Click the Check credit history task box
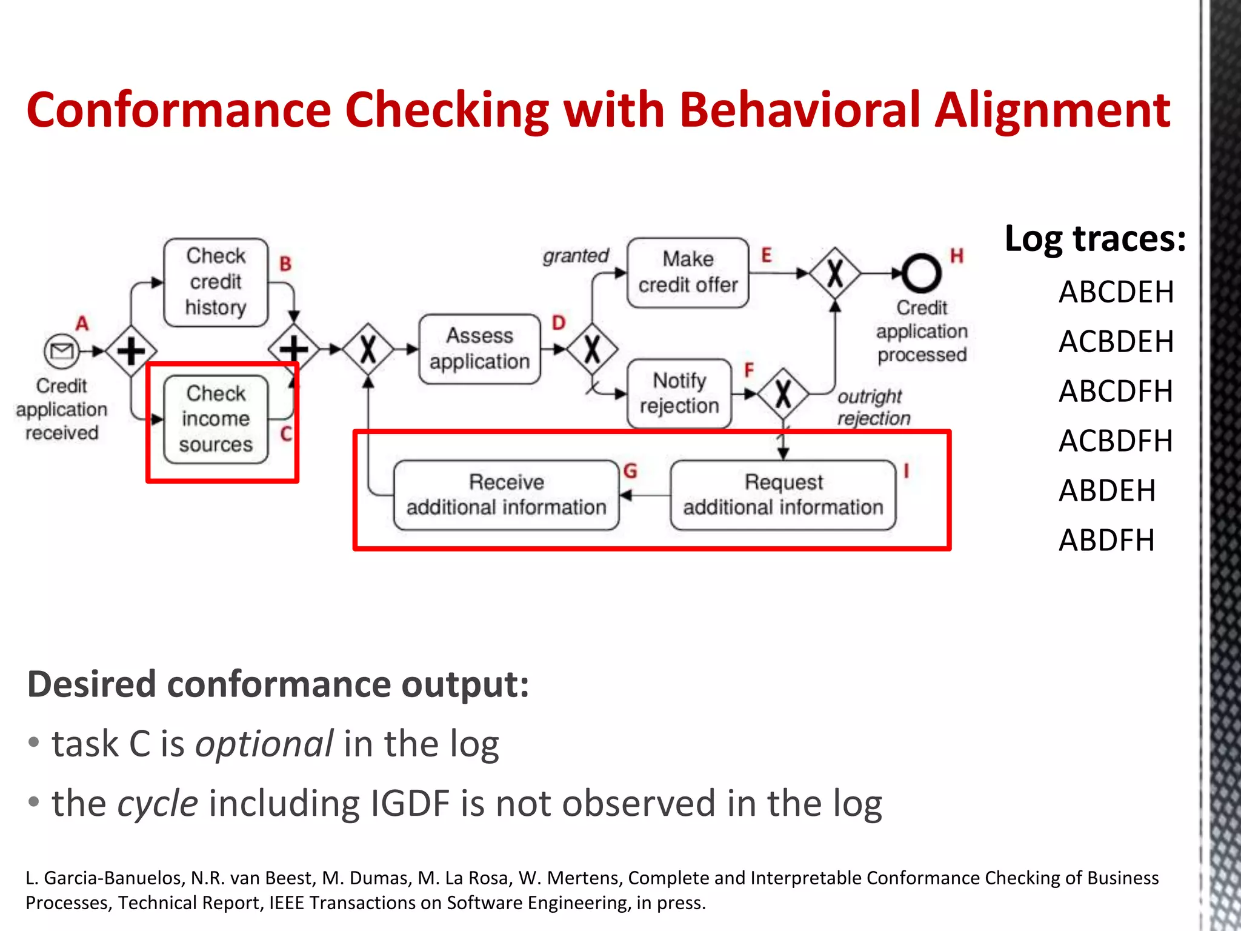pos(216,282)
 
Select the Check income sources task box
pos(216,419)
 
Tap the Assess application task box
pos(479,349)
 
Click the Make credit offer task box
pos(688,272)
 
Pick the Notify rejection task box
pos(679,393)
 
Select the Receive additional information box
pos(506,495)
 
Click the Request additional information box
pos(783,495)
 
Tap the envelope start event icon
pos(61,350)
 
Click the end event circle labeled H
pos(921,273)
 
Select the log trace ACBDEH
pos(1116,342)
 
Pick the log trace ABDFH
pos(1106,540)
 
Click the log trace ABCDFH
pos(1116,392)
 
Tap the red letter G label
pos(630,471)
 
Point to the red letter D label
pos(558,322)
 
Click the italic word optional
pos(264,744)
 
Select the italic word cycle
pos(158,804)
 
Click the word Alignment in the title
pos(1052,110)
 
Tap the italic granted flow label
pos(575,256)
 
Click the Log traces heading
pos(1095,238)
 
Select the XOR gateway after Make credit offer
pos(835,273)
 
